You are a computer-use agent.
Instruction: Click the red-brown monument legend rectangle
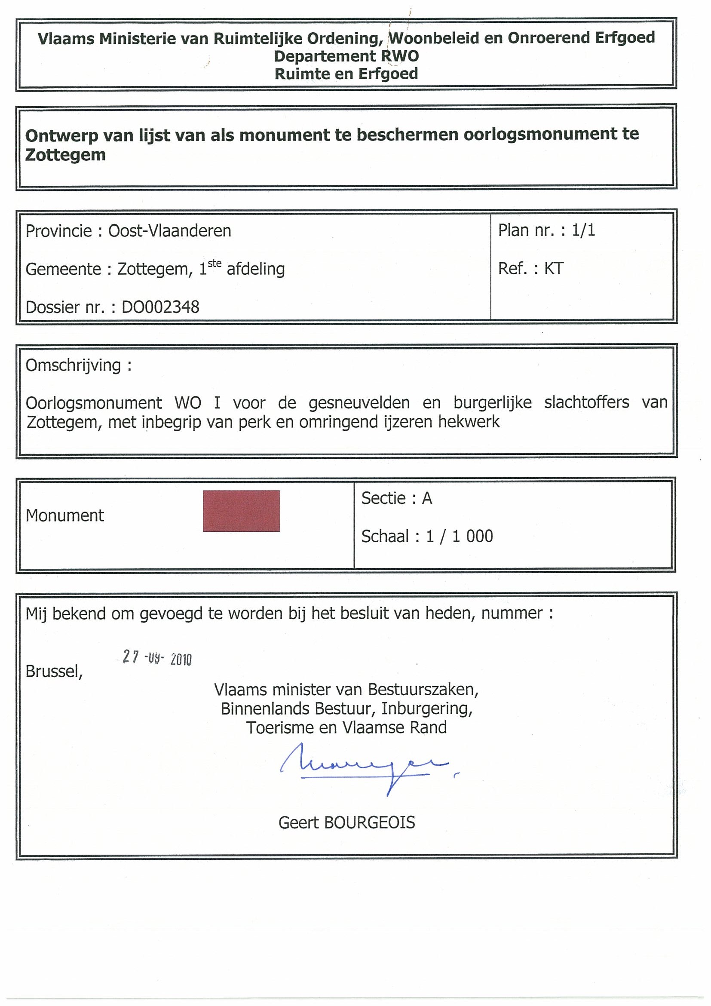241,511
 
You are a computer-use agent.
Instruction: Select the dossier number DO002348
160,307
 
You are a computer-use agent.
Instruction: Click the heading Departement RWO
346,56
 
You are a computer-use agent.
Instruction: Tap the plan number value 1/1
583,230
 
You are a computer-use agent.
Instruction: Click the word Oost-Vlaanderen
169,231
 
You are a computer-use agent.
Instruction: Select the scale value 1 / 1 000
460,536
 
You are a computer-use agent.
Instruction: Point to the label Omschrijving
73,365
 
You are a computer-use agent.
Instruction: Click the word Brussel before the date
54,671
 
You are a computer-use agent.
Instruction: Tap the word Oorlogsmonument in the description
94,403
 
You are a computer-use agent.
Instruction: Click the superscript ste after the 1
214,264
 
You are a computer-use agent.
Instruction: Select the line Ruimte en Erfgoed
346,74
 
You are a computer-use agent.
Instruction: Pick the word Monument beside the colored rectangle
65,516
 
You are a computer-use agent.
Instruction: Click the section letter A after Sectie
427,498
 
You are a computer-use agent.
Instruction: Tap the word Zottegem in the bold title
65,155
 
